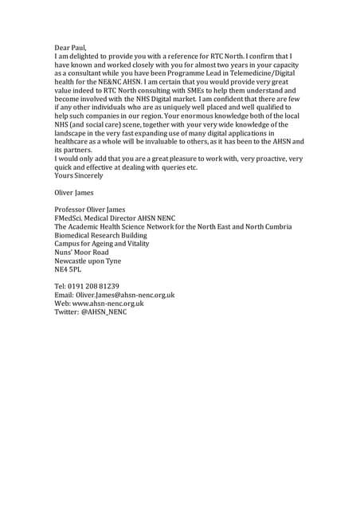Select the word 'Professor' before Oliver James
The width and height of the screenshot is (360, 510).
(72, 210)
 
